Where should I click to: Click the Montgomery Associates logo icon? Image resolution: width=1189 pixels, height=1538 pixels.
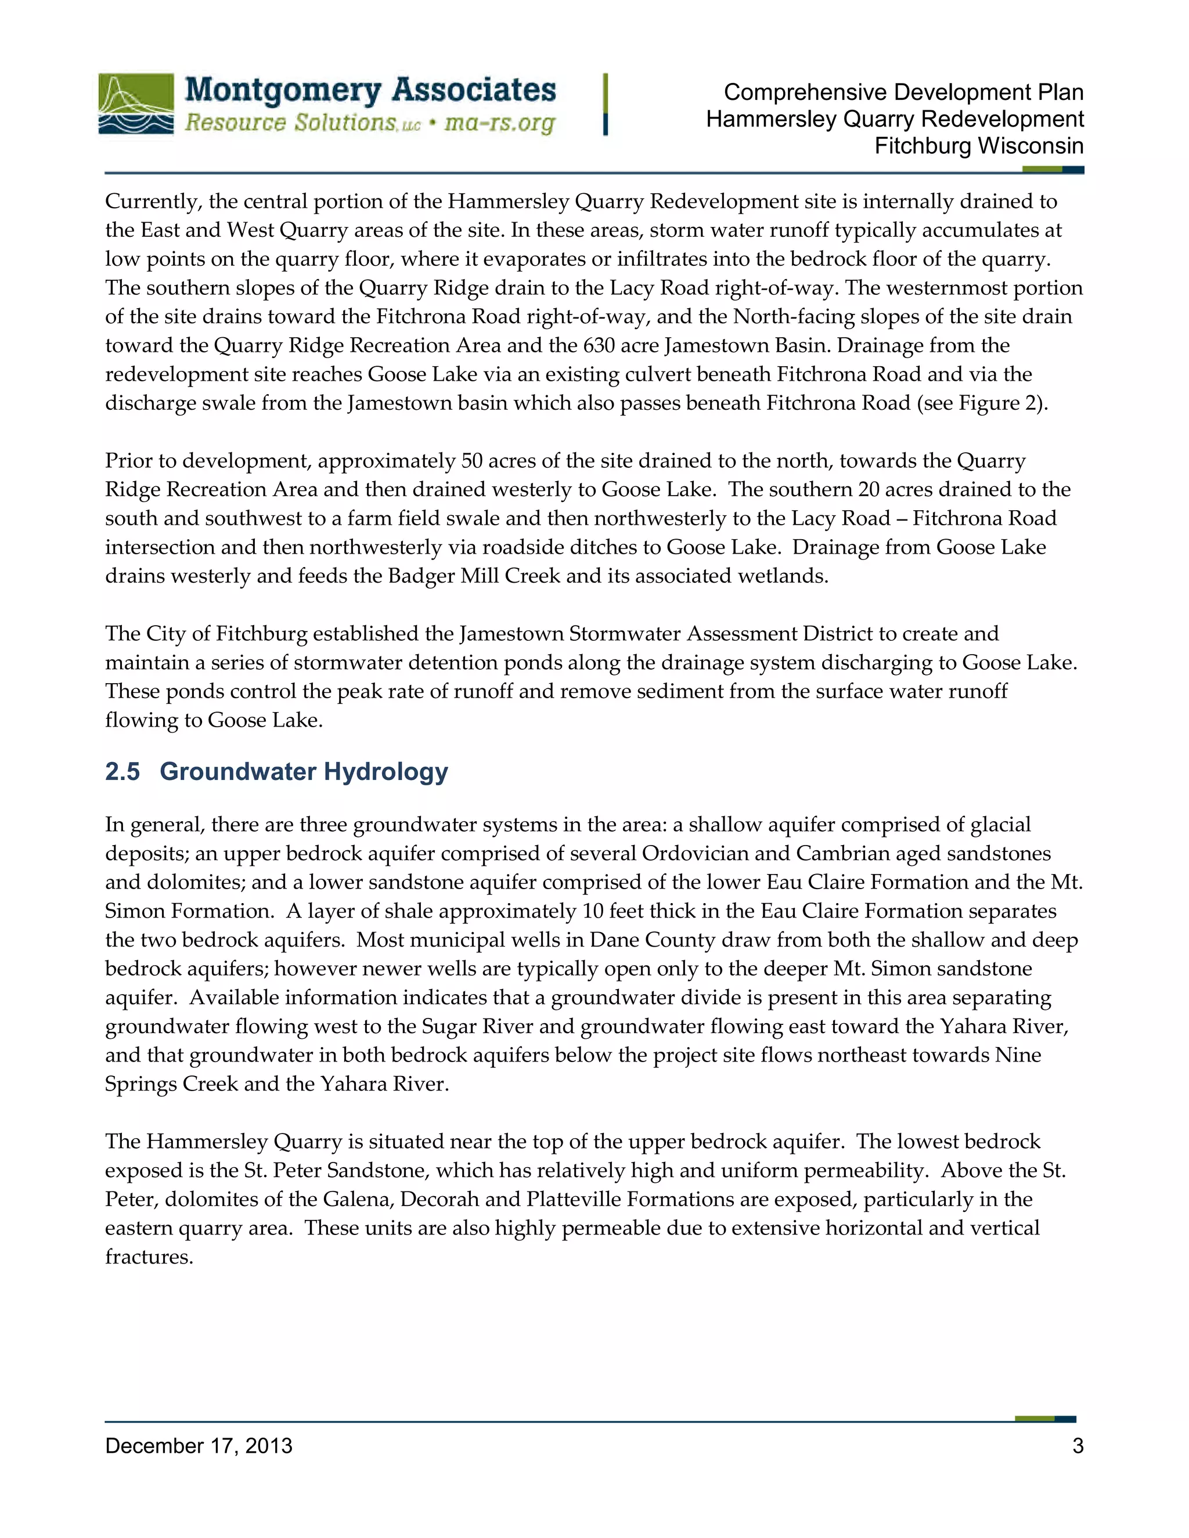(136, 103)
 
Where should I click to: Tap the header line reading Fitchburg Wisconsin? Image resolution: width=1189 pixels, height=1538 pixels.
(978, 146)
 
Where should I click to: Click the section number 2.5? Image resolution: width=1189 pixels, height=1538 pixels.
(122, 772)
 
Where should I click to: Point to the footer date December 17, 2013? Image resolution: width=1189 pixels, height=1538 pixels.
(199, 1446)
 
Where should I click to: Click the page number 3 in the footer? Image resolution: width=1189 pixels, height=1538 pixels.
(1077, 1446)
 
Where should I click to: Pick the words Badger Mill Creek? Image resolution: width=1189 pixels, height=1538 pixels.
(475, 577)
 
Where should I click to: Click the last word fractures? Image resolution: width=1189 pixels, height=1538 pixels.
(149, 1257)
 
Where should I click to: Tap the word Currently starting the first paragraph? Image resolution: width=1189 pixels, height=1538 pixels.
(153, 202)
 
